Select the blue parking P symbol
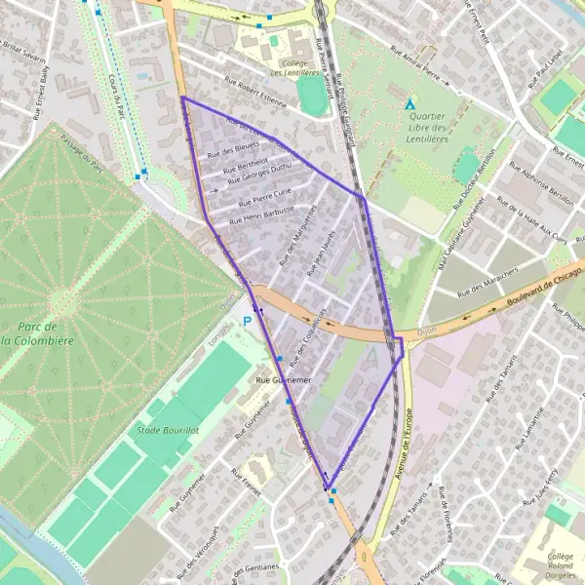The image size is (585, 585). pyautogui.click(x=248, y=321)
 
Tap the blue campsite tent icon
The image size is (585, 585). pyautogui.click(x=410, y=101)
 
